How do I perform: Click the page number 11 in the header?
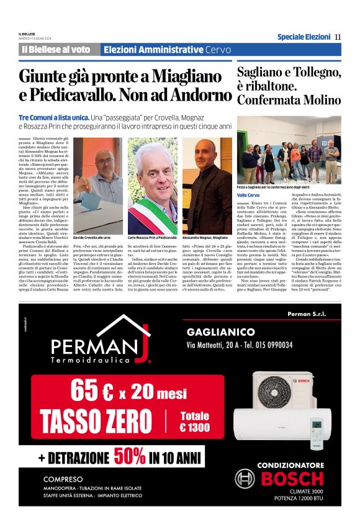pyautogui.click(x=338, y=37)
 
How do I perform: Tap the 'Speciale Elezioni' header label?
pyautogui.click(x=304, y=37)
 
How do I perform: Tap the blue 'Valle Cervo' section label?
pyautogui.click(x=250, y=196)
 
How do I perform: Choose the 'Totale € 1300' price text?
pyautogui.click(x=195, y=421)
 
